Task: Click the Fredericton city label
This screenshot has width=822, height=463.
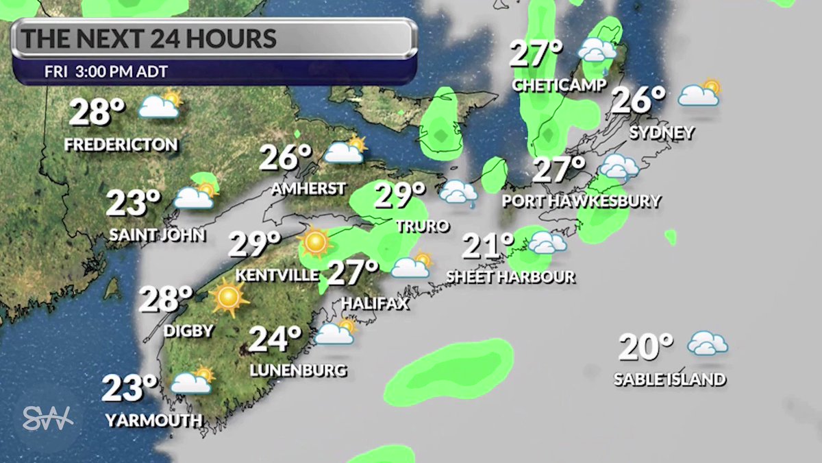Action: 121,145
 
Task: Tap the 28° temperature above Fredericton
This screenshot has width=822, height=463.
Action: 97,112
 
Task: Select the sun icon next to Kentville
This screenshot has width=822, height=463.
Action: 314,241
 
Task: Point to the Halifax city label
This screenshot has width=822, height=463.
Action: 375,302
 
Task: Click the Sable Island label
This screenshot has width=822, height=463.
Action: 669,379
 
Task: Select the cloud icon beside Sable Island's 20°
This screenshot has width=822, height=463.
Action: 708,343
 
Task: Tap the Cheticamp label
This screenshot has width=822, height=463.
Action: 560,86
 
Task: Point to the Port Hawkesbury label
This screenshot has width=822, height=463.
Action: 581,201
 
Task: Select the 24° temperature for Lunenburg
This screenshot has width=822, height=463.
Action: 275,339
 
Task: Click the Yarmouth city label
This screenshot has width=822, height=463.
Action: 154,420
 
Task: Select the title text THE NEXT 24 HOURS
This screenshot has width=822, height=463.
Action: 149,38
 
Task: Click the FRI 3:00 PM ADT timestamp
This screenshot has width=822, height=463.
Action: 106,71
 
